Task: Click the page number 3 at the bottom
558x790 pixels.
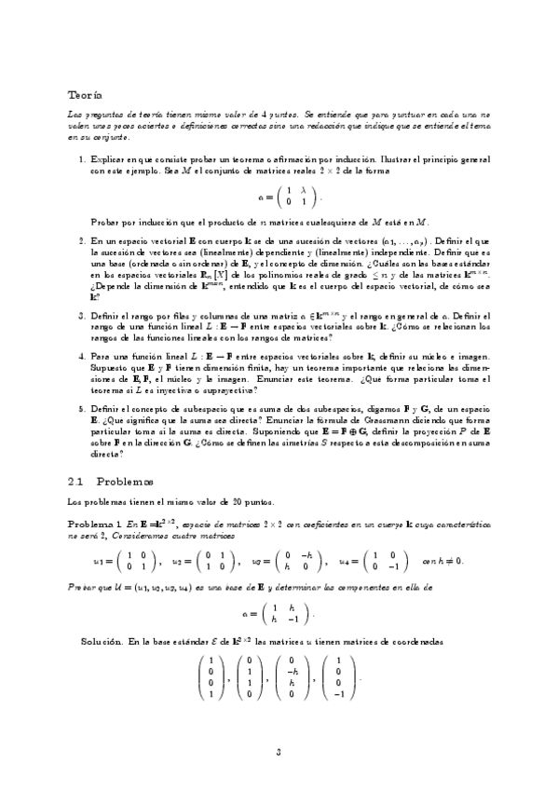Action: click(x=279, y=752)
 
